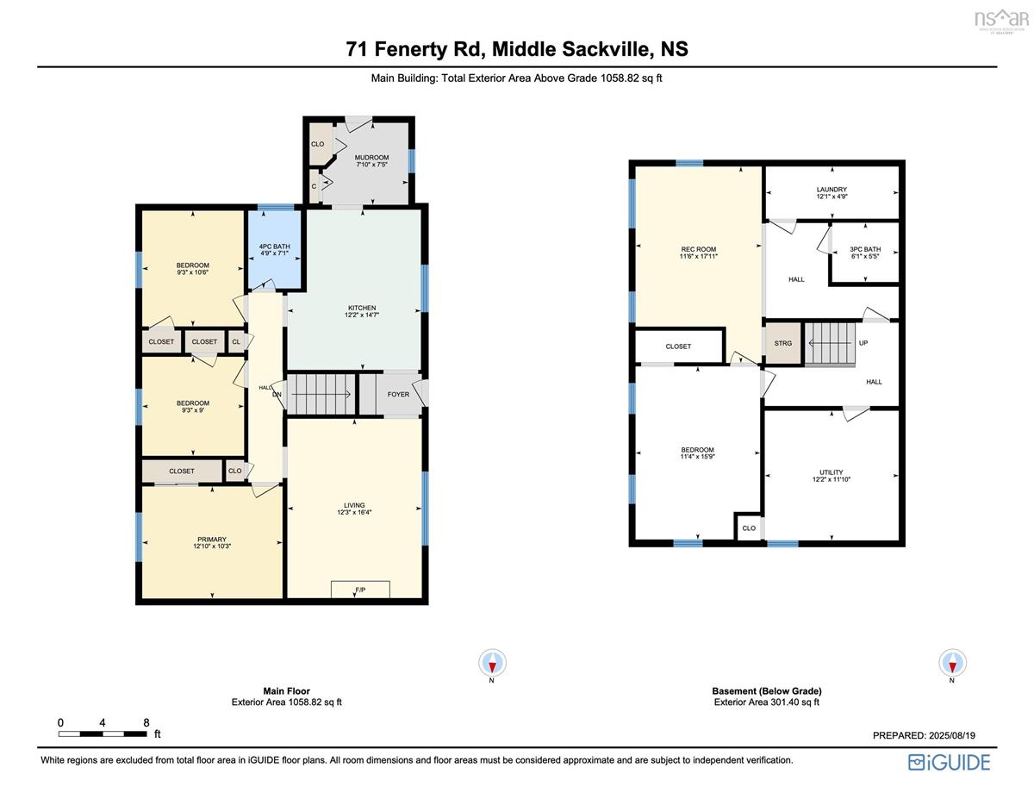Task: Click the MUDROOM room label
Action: [x=372, y=157]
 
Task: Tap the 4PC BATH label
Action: [x=274, y=247]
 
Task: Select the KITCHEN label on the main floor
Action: [x=361, y=308]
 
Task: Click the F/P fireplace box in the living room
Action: [x=360, y=590]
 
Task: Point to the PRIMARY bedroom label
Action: [x=211, y=540]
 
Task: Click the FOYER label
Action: [x=398, y=395]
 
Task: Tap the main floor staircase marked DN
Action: [x=321, y=395]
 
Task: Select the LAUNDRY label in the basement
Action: [x=832, y=190]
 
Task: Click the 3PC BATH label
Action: [x=865, y=249]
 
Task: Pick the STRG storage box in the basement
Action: [x=782, y=343]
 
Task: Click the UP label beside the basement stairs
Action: [x=863, y=343]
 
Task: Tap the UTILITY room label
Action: [x=832, y=473]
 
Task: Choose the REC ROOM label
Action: [x=698, y=249]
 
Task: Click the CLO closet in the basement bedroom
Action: [x=748, y=528]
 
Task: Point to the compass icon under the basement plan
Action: [x=951, y=662]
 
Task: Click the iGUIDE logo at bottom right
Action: [x=949, y=762]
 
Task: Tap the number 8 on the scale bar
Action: [x=146, y=722]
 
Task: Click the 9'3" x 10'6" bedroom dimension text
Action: [x=192, y=272]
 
